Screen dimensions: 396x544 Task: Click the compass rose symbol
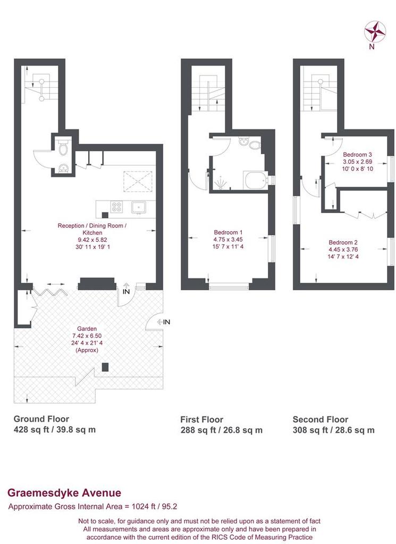tap(375, 31)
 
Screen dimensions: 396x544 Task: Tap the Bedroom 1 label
tap(228, 233)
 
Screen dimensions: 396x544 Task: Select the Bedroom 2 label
tap(343, 242)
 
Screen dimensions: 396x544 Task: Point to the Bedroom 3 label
tap(357, 155)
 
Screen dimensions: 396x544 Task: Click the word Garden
tap(87, 328)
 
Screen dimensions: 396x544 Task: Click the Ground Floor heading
tap(41, 419)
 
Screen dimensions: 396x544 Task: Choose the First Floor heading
tap(201, 420)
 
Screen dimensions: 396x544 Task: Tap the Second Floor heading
tap(321, 420)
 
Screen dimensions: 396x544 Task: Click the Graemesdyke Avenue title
tap(64, 493)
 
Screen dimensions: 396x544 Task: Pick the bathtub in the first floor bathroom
tap(256, 181)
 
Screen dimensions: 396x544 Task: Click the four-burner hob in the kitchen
tap(116, 207)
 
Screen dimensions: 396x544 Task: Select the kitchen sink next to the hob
tap(139, 208)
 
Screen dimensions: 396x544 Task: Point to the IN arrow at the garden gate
tap(164, 322)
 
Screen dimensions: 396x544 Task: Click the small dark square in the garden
tap(105, 367)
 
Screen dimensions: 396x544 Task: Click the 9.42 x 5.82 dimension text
tap(92, 240)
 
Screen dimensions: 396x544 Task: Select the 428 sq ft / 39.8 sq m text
tap(55, 429)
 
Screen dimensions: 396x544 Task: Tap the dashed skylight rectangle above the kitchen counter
tap(138, 181)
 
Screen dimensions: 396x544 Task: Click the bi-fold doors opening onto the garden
tap(48, 291)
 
